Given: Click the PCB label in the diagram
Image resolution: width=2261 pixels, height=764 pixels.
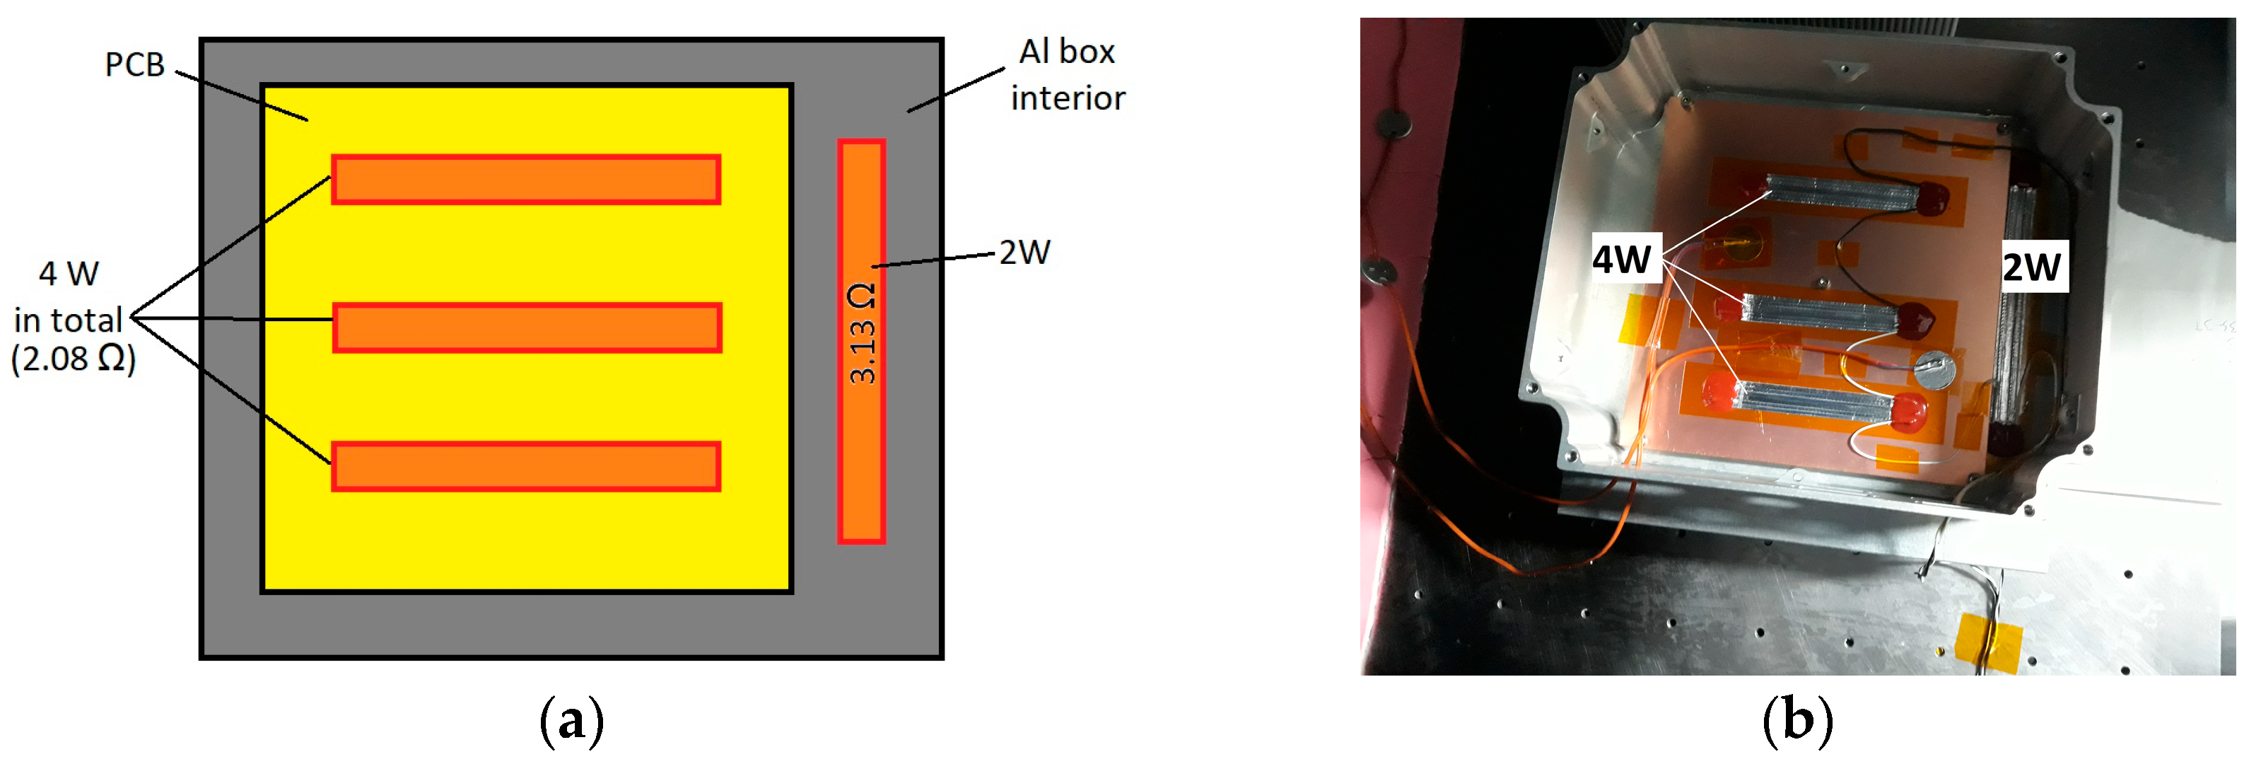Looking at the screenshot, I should [x=134, y=64].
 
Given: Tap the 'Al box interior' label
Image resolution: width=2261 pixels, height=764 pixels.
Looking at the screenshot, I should [x=1068, y=76].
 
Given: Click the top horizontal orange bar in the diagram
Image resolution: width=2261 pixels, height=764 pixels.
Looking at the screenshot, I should [x=526, y=179].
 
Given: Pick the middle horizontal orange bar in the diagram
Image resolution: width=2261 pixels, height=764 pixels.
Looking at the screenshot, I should [x=527, y=328].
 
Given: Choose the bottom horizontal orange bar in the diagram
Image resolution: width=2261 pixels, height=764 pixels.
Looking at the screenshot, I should [x=526, y=466].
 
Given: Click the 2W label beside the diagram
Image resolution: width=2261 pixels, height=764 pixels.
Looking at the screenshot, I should [x=1024, y=253].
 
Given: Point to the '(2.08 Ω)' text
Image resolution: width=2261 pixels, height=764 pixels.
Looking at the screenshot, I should [x=74, y=359].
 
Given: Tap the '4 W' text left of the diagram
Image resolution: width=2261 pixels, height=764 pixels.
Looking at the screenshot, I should [x=69, y=274].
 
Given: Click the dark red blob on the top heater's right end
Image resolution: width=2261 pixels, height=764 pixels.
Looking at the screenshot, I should [x=1931, y=197].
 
